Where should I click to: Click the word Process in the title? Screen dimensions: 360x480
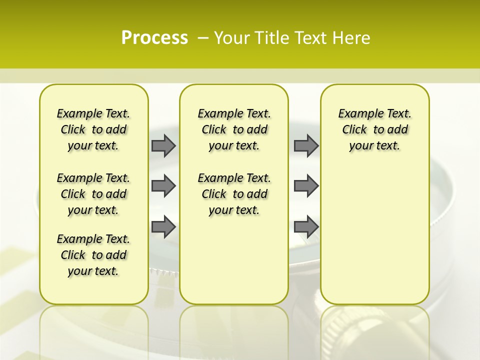pyautogui.click(x=154, y=38)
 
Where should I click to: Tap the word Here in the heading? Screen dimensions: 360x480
pyautogui.click(x=351, y=38)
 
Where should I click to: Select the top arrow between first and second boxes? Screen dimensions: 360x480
pyautogui.click(x=163, y=145)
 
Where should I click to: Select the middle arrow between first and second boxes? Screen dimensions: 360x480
pyautogui.click(x=163, y=186)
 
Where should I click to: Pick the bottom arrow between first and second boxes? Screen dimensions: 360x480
pyautogui.click(x=163, y=226)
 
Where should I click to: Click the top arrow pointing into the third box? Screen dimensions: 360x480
pyautogui.click(x=306, y=145)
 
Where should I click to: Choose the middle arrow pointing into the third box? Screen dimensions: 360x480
pyautogui.click(x=306, y=186)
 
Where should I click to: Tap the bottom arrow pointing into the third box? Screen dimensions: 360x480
pyautogui.click(x=306, y=226)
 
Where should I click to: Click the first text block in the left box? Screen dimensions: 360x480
pyautogui.click(x=93, y=129)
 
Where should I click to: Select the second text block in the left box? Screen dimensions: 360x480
pyautogui.click(x=93, y=194)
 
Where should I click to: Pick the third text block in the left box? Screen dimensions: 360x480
pyautogui.click(x=93, y=255)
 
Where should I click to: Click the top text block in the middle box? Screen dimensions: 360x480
pyautogui.click(x=234, y=129)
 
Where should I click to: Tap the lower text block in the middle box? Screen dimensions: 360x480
pyautogui.click(x=234, y=194)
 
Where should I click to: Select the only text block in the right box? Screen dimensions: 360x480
pyautogui.click(x=374, y=129)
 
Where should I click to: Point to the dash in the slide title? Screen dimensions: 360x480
pyautogui.click(x=203, y=38)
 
